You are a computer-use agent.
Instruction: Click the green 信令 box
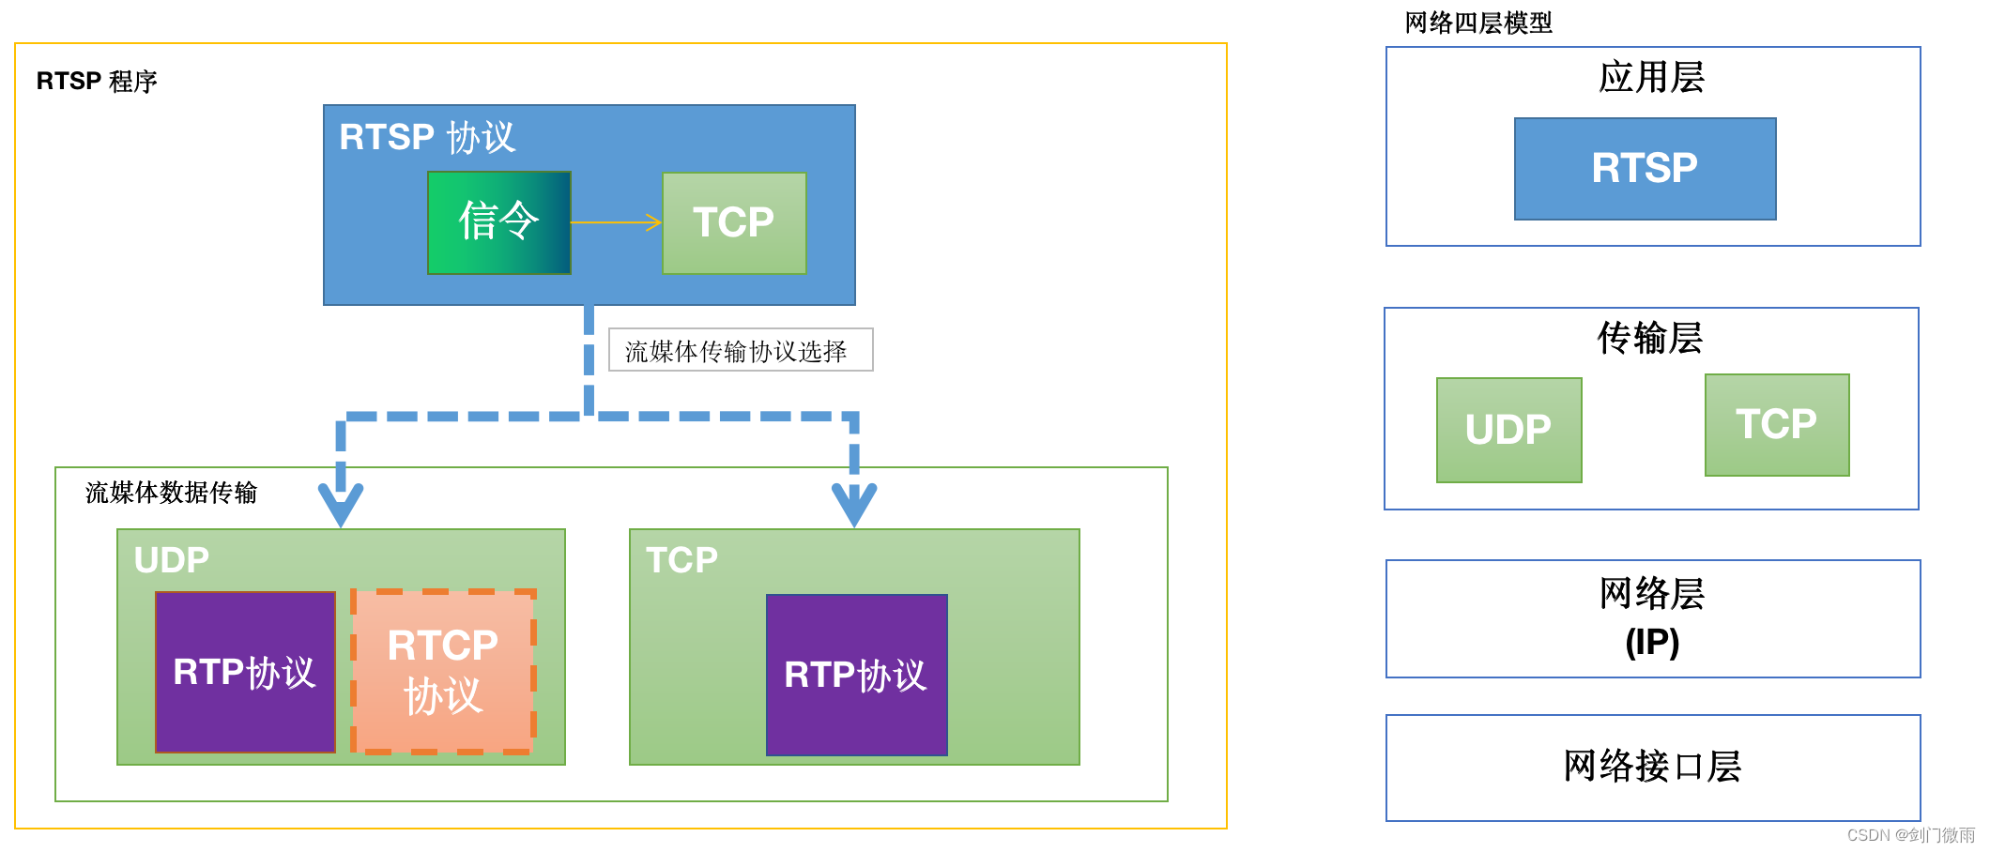[x=498, y=222]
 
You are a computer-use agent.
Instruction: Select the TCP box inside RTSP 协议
[x=734, y=223]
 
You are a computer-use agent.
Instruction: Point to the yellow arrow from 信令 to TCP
[x=617, y=222]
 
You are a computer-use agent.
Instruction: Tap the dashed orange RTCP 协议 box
[x=444, y=672]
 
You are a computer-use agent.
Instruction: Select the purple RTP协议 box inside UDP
[x=245, y=672]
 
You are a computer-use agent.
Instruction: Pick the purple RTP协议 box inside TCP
[x=856, y=675]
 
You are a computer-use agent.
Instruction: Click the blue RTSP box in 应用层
[x=1645, y=169]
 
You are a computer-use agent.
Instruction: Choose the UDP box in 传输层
[x=1508, y=430]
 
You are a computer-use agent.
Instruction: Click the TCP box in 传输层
[x=1776, y=425]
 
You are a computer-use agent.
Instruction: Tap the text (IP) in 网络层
[x=1652, y=643]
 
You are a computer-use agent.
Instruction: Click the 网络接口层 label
[x=1652, y=767]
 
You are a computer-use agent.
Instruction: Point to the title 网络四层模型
[x=1478, y=23]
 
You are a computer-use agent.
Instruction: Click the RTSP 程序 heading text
[x=97, y=82]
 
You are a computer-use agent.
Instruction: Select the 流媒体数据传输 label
[x=171, y=493]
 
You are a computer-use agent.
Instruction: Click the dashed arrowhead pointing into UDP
[x=341, y=505]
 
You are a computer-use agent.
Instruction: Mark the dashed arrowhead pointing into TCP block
[x=854, y=505]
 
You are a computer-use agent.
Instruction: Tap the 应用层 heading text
[x=1651, y=77]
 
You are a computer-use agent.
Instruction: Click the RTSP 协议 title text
[x=427, y=138]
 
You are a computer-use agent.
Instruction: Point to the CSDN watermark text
[x=1910, y=835]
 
